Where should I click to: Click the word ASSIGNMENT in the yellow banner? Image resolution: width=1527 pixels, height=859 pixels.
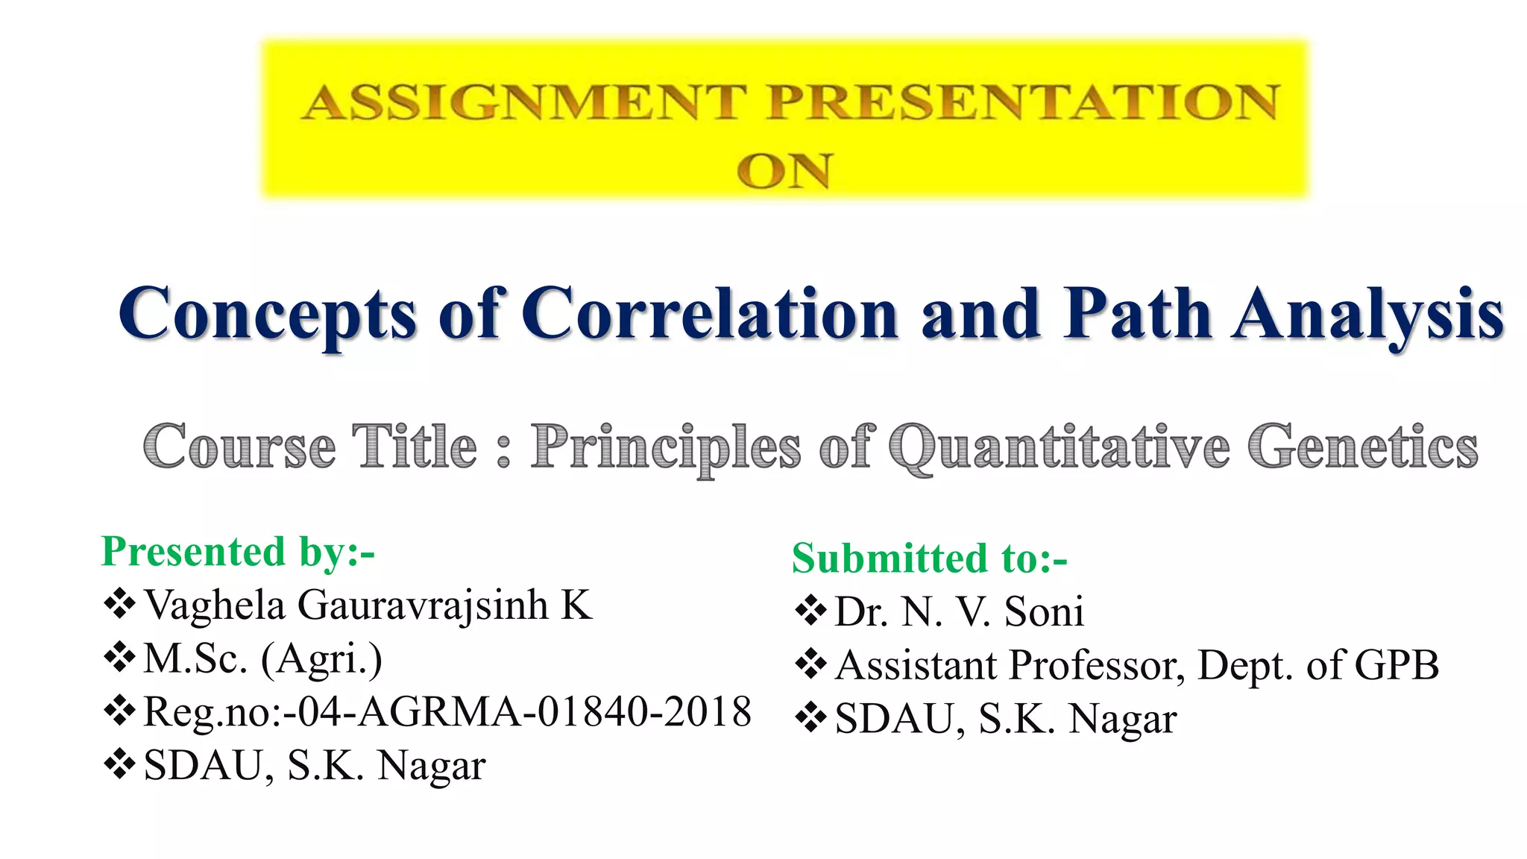(x=523, y=103)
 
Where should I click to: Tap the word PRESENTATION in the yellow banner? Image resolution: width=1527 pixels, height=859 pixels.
(x=1023, y=103)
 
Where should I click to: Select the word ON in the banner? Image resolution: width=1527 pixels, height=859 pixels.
(x=784, y=172)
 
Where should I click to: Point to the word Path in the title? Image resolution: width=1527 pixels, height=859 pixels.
(x=1137, y=314)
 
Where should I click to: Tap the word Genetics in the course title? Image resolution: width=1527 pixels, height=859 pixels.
(x=1363, y=447)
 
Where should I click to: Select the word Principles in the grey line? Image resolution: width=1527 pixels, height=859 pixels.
(x=666, y=448)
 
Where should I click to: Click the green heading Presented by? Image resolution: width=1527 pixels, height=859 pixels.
(x=237, y=553)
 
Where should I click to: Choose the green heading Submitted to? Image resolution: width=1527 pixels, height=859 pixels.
(x=929, y=558)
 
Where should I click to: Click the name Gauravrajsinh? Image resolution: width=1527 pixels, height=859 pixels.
(x=423, y=605)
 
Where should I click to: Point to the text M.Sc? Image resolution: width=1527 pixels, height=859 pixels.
(x=195, y=658)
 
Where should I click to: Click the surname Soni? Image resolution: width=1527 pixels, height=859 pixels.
(x=1044, y=611)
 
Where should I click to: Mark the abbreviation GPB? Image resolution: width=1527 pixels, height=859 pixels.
(x=1396, y=665)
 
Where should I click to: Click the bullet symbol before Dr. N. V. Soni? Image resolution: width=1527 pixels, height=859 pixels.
(x=810, y=611)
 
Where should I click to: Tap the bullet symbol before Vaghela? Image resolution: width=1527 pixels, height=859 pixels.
(x=119, y=604)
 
